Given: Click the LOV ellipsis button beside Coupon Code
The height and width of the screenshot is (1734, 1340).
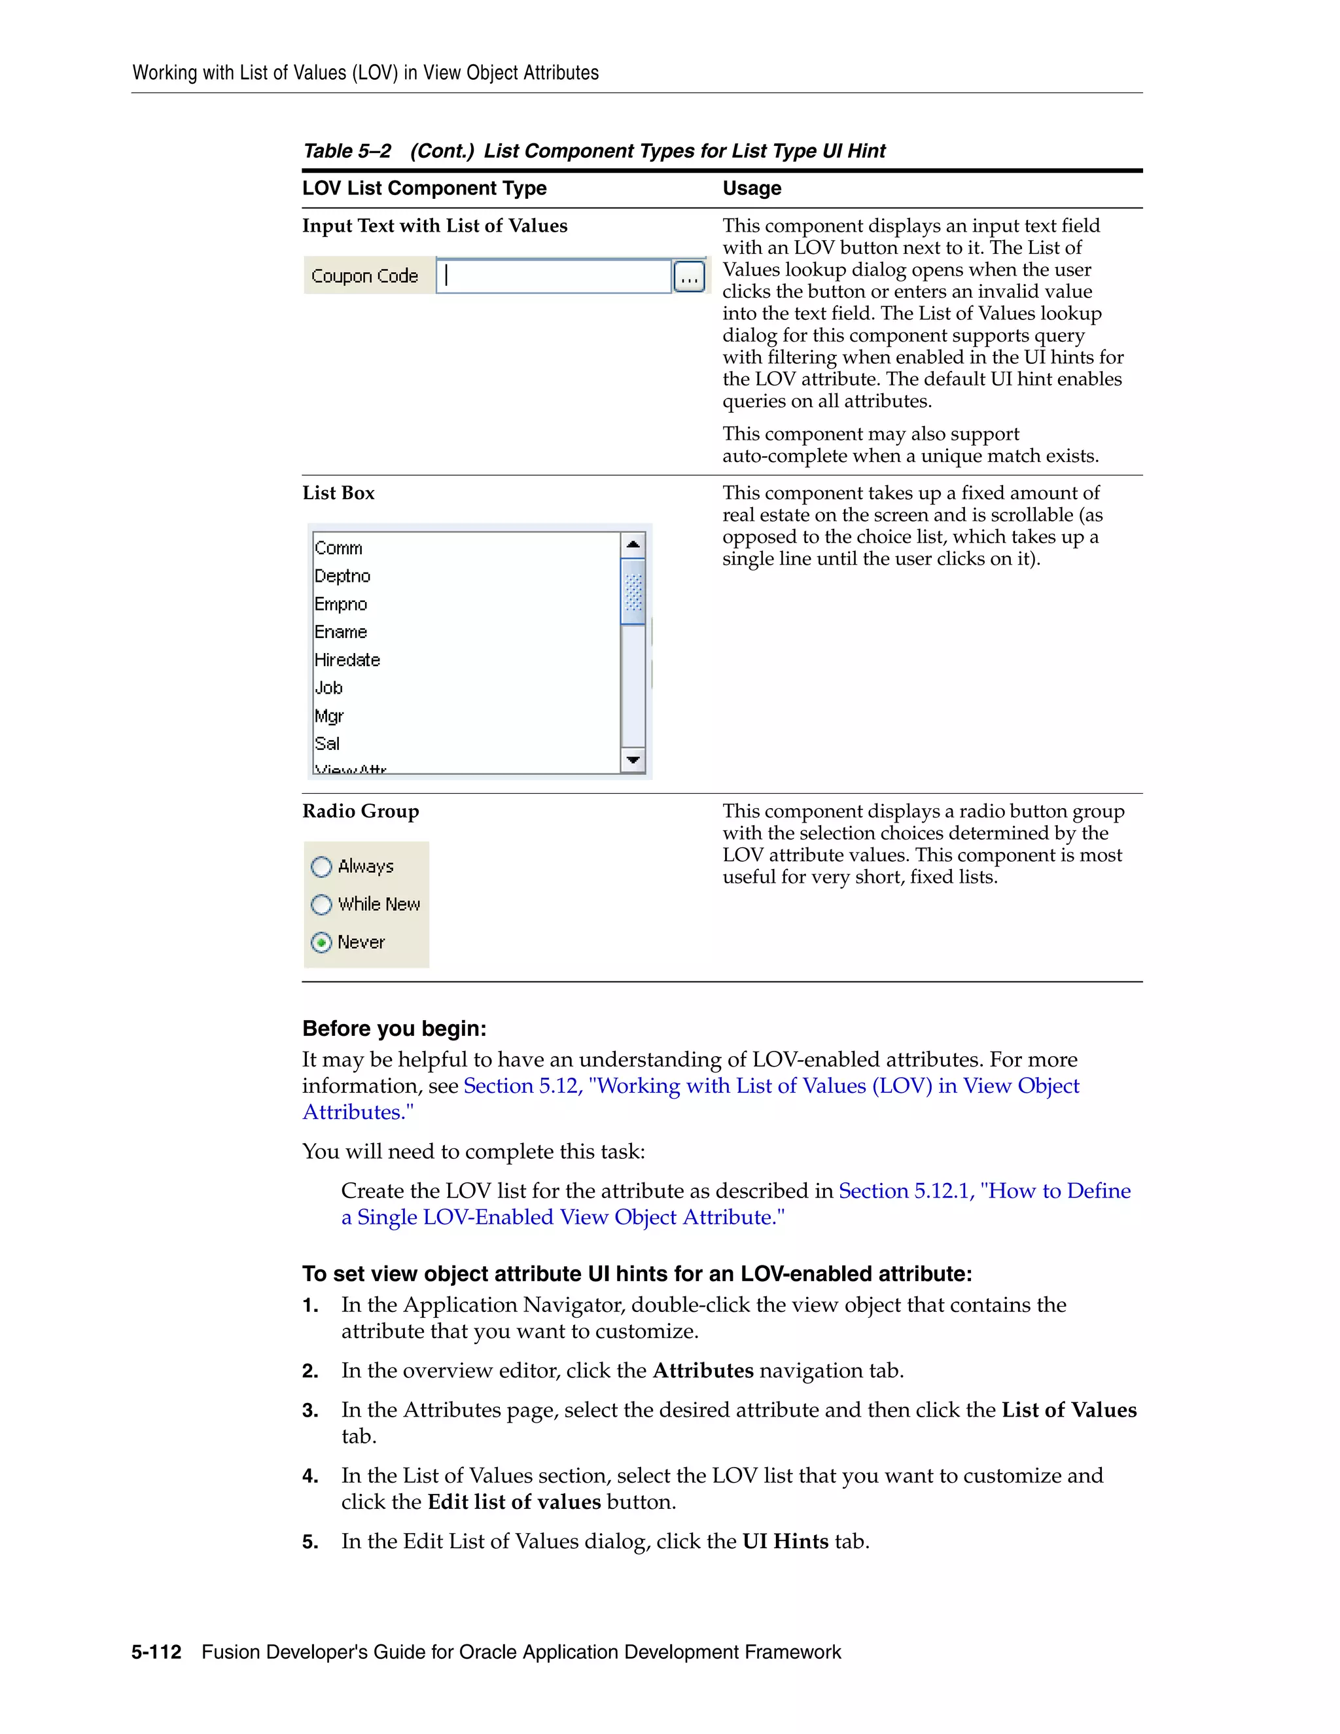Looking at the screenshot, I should (689, 277).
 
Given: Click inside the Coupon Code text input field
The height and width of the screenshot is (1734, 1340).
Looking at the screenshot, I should (554, 276).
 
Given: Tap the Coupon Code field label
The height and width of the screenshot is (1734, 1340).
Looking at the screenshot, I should (364, 276).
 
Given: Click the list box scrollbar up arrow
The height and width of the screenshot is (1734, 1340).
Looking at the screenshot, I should (633, 544).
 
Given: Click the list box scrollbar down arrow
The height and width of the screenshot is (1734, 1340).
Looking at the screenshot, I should (633, 760).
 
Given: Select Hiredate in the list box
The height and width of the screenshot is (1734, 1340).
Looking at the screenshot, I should (347, 660).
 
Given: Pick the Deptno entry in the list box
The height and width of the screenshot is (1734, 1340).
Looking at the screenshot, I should (342, 576).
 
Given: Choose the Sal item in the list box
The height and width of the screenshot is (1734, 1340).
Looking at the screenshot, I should (327, 744).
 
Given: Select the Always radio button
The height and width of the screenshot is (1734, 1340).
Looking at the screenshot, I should (321, 866).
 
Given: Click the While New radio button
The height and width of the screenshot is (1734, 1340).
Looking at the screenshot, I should (321, 904).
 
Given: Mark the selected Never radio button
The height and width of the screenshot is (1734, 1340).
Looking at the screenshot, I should (321, 942).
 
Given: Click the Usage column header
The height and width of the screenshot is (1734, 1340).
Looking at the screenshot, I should (751, 188).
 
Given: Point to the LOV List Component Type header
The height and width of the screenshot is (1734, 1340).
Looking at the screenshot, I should (424, 188).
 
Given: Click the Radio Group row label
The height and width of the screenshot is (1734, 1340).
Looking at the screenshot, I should (361, 811).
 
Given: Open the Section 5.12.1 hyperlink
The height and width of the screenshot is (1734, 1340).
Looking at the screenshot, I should (984, 1191).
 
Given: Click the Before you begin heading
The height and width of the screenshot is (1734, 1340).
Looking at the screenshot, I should (394, 1029).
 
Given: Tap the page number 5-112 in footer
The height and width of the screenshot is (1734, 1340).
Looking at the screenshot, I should (156, 1652).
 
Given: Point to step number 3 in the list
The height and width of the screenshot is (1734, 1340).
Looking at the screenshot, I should (310, 1411).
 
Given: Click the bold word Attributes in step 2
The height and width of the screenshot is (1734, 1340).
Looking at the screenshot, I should (703, 1371).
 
